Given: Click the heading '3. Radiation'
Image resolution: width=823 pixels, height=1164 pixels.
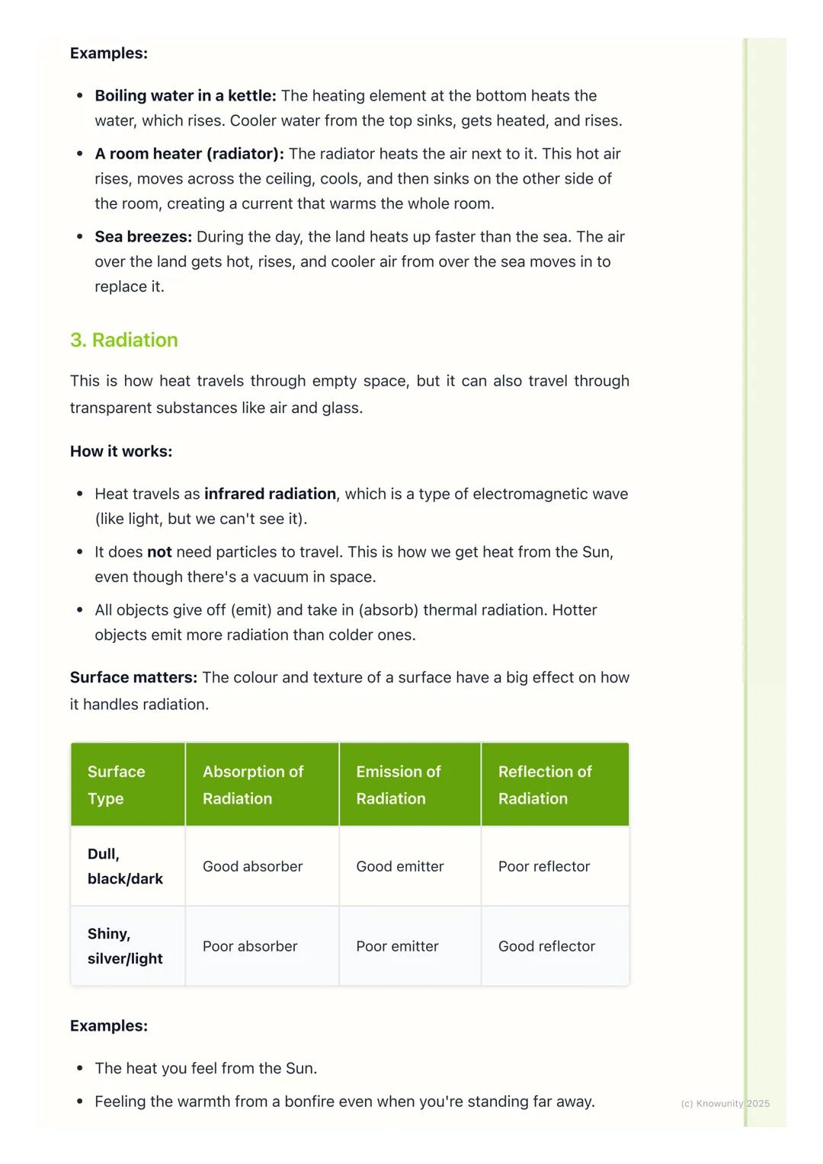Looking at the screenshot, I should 123,340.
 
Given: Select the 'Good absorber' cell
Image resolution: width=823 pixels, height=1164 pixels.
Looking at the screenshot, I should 252,866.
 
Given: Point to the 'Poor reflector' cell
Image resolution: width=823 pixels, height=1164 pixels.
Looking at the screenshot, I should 544,866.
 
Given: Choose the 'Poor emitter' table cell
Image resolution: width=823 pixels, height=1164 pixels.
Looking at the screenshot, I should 397,946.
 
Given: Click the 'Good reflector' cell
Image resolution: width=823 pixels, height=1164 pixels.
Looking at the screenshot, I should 546,946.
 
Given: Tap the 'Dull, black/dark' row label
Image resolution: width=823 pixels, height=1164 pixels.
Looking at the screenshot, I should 125,866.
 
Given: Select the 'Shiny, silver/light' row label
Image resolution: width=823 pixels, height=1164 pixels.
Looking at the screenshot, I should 125,946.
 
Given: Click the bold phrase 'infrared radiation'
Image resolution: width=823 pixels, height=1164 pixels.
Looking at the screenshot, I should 270,494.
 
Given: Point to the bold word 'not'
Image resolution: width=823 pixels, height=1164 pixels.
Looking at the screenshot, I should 159,552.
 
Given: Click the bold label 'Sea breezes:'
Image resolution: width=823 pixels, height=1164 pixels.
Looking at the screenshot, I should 143,237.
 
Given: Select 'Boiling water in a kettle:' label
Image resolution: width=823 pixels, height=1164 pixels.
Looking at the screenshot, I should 185,96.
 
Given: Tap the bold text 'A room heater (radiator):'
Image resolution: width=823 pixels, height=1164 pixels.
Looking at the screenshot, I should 189,154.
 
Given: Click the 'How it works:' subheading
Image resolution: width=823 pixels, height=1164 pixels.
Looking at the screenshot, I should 121,451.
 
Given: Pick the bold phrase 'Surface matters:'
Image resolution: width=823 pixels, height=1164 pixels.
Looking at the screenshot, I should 133,677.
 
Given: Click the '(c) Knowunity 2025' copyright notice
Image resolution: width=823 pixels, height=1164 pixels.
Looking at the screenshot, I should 725,1103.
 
